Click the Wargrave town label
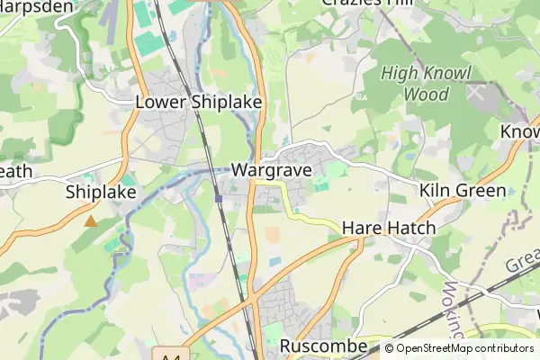coord(271,169)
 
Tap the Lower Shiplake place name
coord(198,103)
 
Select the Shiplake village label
coord(101,192)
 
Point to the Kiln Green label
coord(463,191)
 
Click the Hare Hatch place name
coord(388,229)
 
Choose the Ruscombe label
coord(323,346)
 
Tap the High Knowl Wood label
coord(427,83)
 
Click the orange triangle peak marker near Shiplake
coord(90,220)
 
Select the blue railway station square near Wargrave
coord(219,199)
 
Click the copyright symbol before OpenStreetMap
coord(390,348)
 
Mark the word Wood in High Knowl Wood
coord(427,93)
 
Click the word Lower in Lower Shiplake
coord(161,103)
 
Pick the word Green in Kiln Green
coord(481,191)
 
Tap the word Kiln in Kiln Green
coord(435,191)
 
